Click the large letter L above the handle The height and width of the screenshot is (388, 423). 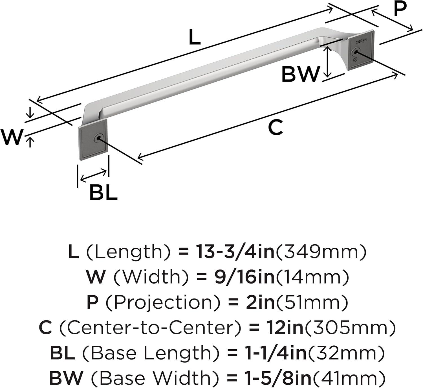[x=194, y=37]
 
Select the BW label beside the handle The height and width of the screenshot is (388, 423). [x=301, y=74]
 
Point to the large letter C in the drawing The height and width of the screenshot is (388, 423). [x=276, y=127]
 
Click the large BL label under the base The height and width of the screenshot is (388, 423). [x=103, y=192]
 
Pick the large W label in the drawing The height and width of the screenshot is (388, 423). [x=12, y=137]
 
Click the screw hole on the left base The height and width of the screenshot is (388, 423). [x=98, y=139]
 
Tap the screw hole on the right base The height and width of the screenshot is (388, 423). [x=356, y=52]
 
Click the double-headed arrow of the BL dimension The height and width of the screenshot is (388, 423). [x=93, y=176]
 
